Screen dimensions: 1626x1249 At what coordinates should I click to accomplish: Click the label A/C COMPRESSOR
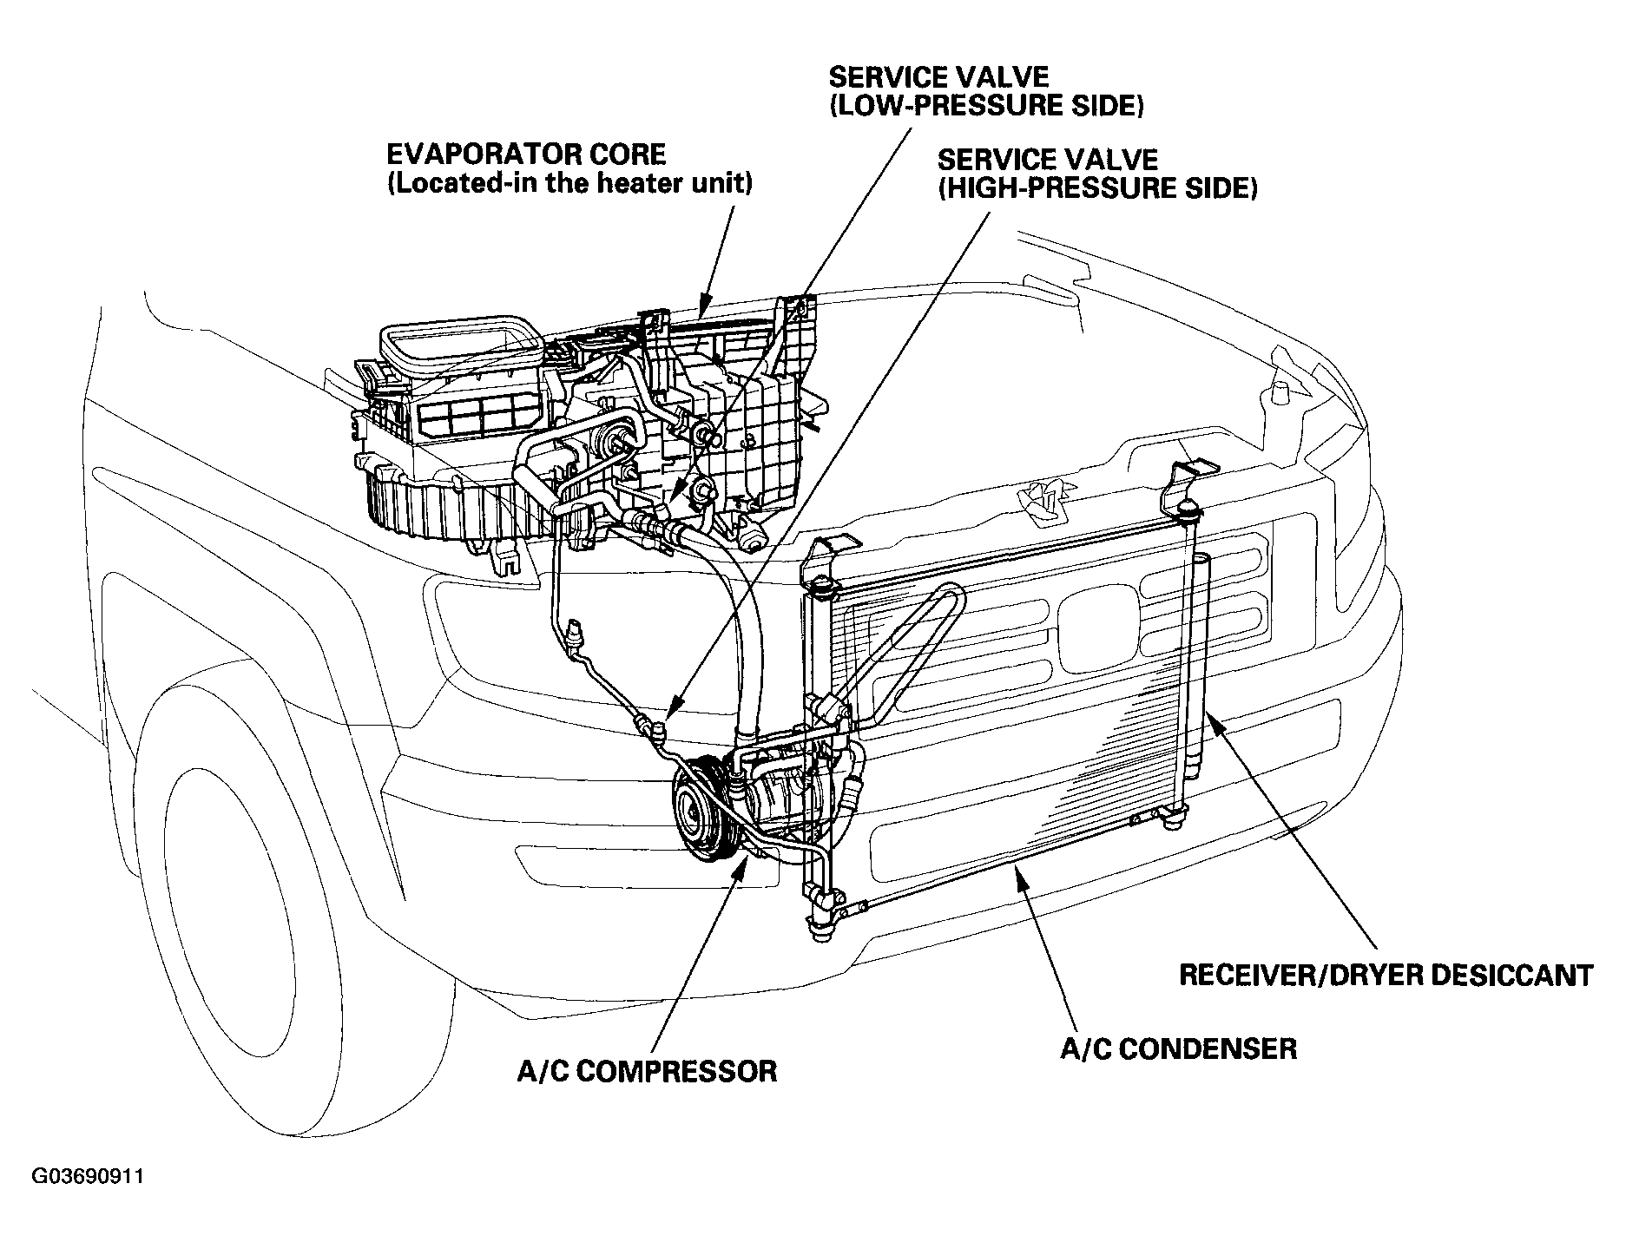pos(647,1070)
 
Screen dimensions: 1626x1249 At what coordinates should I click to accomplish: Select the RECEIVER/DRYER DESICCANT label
pos(1386,975)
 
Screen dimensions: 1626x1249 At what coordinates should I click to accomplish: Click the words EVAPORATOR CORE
pos(526,154)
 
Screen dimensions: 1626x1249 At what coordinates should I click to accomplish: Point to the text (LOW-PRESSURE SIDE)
pos(986,106)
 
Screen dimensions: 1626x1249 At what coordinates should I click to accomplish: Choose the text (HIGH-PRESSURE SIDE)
pos(1097,189)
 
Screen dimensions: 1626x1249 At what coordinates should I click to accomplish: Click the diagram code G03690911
pos(88,1177)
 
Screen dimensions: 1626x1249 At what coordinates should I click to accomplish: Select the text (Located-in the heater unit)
pos(569,185)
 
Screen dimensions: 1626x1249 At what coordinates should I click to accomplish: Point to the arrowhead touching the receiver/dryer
pos(1212,723)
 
